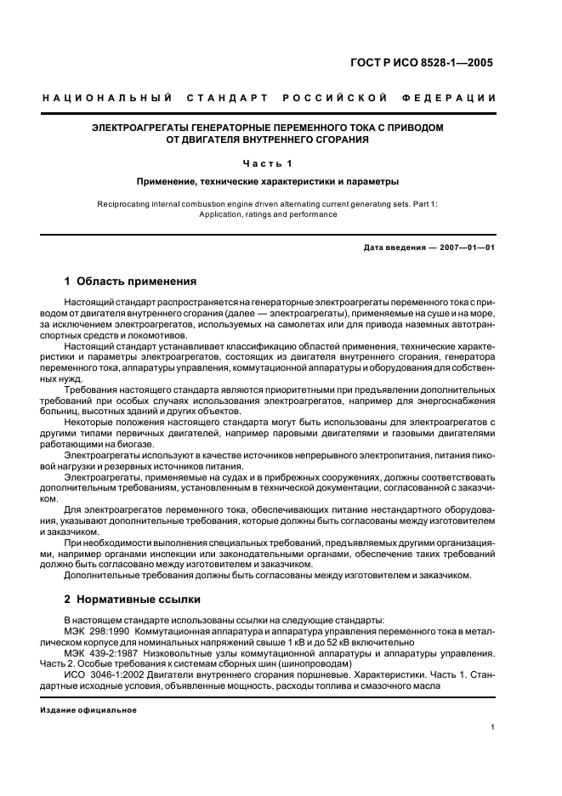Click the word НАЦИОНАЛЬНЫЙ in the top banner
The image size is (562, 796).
tap(107, 99)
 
